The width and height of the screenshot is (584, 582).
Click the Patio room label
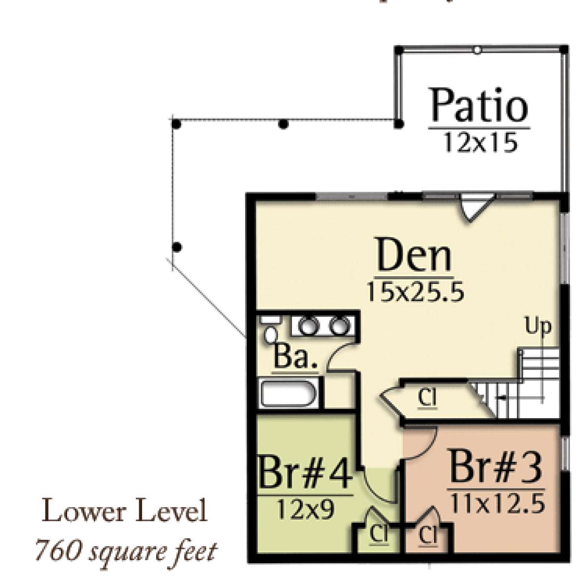pyautogui.click(x=479, y=106)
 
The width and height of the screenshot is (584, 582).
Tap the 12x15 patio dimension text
pyautogui.click(x=480, y=142)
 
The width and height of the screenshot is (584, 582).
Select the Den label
pyautogui.click(x=414, y=254)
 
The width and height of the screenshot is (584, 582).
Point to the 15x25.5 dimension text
pyautogui.click(x=415, y=291)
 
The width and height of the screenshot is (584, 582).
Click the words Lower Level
pyautogui.click(x=125, y=512)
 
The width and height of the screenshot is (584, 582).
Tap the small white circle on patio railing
pyautogui.click(x=477, y=50)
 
